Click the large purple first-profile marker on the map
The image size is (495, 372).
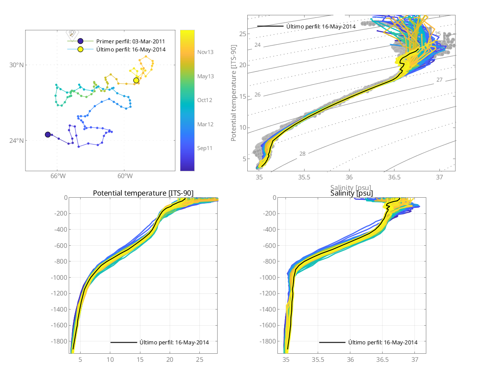coord(48,135)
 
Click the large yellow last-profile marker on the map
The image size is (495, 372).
coord(136,80)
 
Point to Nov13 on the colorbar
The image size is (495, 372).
coord(205,52)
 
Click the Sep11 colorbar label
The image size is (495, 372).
coord(205,148)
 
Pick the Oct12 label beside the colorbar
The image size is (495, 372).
coord(205,100)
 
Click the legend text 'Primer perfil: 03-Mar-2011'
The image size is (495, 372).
coord(131,41)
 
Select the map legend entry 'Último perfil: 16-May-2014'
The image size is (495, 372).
coord(131,50)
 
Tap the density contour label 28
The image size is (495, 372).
coord(302,154)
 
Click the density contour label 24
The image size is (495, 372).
coord(257,45)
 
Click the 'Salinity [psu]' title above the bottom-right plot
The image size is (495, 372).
coord(352,193)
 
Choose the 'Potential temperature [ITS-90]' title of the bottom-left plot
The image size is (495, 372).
coord(143,193)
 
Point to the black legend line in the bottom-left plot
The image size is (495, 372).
coord(123,342)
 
